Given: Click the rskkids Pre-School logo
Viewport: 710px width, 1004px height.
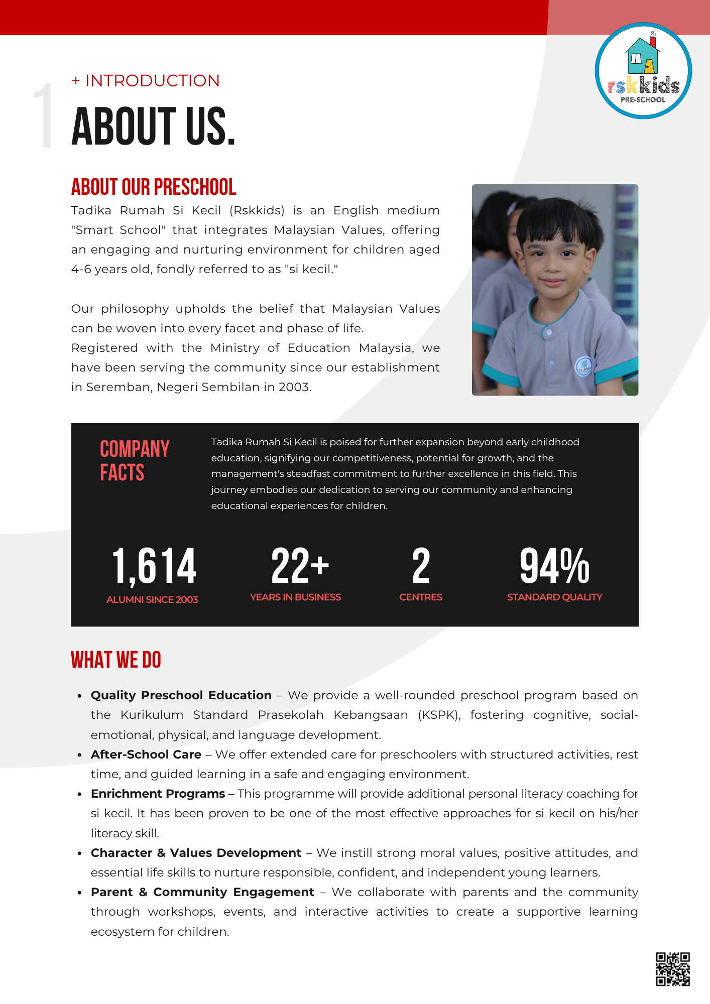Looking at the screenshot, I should point(643,71).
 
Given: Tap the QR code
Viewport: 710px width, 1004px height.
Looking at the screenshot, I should point(672,969).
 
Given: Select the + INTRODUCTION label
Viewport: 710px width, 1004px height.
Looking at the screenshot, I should point(146,81).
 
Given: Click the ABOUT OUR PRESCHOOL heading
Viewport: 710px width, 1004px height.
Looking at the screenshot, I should point(154,187).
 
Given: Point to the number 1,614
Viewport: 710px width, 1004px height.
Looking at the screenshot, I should point(154,566).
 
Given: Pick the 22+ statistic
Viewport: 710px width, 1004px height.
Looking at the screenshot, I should point(300,566).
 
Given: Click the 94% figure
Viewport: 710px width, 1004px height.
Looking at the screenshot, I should point(554,566).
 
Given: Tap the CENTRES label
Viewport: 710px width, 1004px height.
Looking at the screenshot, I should point(421,597).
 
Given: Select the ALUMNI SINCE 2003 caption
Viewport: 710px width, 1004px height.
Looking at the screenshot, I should point(152,599).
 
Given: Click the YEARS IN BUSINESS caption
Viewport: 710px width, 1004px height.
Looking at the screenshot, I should point(295,597).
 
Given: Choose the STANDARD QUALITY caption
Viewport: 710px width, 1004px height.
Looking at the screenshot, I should point(554,597).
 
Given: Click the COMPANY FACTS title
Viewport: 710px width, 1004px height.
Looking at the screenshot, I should point(135,460).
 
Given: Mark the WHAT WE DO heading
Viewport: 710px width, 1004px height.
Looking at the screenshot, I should point(116,660).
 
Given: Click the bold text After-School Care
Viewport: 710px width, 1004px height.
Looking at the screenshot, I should point(146,755).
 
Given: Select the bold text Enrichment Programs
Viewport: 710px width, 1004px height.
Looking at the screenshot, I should point(158,794).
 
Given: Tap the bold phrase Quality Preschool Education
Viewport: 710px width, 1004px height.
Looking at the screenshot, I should point(181,695).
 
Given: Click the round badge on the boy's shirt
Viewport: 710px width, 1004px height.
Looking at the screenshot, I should point(583,366).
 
